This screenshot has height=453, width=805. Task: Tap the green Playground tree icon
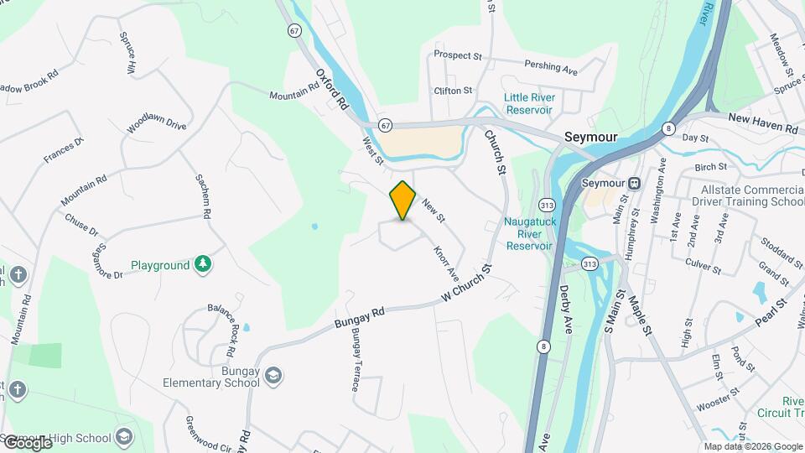tap(202, 265)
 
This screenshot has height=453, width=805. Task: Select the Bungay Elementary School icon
tap(273, 375)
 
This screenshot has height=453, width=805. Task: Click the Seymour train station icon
tap(635, 183)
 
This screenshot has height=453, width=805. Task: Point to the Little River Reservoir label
tap(528, 103)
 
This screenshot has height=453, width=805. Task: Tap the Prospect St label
tap(458, 56)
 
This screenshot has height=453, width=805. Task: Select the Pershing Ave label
tap(551, 66)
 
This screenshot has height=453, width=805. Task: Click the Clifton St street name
tap(453, 90)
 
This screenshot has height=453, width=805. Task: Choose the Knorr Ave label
tap(446, 263)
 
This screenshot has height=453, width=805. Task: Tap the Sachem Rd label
tap(203, 196)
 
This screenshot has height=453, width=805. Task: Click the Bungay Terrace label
tap(356, 361)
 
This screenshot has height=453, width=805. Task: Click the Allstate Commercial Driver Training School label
tap(746, 195)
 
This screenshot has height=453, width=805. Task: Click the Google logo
tap(27, 442)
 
